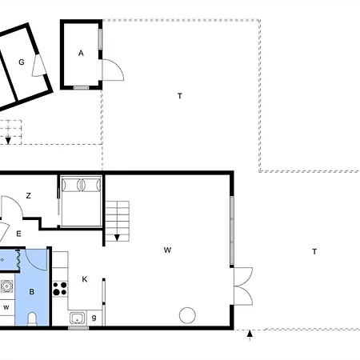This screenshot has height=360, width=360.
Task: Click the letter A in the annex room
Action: point(81,54)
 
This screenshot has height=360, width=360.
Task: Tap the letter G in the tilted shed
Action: point(22,62)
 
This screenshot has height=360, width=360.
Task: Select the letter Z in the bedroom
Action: point(29,196)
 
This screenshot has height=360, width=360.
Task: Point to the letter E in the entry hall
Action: point(18,234)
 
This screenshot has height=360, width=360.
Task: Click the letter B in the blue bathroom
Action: point(32,292)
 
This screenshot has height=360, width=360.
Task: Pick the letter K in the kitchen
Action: point(85,279)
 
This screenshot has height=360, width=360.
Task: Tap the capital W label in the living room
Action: point(167,250)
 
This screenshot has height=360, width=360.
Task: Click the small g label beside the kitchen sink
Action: point(94,318)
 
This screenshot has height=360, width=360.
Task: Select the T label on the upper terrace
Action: point(180,96)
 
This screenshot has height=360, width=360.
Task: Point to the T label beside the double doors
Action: point(314,251)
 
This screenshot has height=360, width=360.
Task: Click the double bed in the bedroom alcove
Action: point(81,201)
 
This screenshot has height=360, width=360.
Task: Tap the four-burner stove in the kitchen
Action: point(60,289)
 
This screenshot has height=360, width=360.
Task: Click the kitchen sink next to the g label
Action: point(78,318)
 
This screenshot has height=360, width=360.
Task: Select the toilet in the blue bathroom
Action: point(32,318)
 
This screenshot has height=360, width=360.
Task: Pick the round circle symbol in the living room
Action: point(187,315)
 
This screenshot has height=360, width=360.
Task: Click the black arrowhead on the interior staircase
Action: point(117,238)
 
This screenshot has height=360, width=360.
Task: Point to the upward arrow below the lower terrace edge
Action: point(250,335)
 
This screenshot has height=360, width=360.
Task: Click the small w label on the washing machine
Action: point(6,307)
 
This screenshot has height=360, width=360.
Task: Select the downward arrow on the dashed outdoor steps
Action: point(8,133)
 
